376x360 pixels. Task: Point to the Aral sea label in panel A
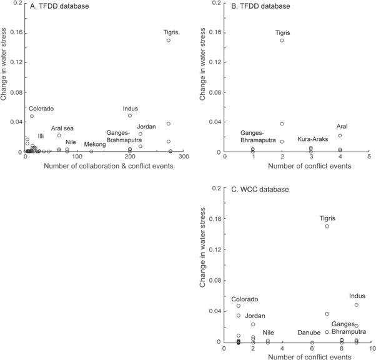pyautogui.click(x=62, y=128)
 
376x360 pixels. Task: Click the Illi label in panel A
pyautogui.click(x=41, y=135)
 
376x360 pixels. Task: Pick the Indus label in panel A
pyautogui.click(x=131, y=108)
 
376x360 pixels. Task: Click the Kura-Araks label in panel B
pyautogui.click(x=310, y=139)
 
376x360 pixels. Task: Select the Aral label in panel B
pyautogui.click(x=342, y=127)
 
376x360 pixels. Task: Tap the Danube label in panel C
pyautogui.click(x=308, y=333)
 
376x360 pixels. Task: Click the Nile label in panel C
pyautogui.click(x=268, y=333)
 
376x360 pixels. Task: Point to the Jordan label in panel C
pyautogui.click(x=255, y=316)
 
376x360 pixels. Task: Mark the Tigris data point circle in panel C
pyautogui.click(x=327, y=226)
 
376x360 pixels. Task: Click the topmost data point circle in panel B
pyautogui.click(x=282, y=40)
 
